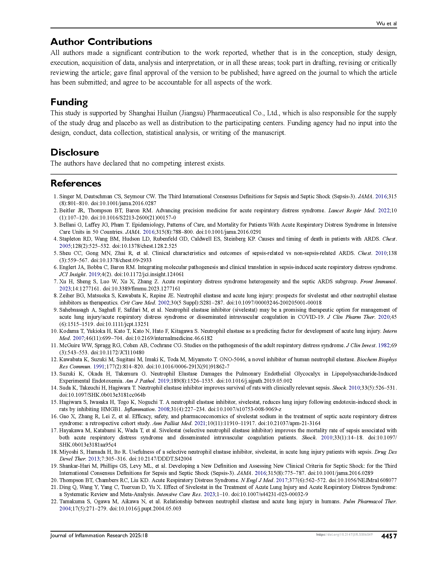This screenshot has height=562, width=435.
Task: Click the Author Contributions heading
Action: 101,42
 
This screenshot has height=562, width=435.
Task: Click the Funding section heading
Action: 69,102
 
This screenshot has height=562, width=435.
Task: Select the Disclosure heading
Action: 75,152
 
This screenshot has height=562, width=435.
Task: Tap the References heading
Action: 76,183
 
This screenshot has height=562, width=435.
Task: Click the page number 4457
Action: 389,536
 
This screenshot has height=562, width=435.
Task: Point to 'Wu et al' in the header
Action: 386,24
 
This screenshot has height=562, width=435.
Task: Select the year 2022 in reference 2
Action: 384,210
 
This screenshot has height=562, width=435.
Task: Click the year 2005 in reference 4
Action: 65,246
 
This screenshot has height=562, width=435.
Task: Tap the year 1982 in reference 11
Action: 384,345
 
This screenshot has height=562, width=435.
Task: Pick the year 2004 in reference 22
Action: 65,508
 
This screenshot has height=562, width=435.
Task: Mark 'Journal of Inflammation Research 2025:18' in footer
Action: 99,535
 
